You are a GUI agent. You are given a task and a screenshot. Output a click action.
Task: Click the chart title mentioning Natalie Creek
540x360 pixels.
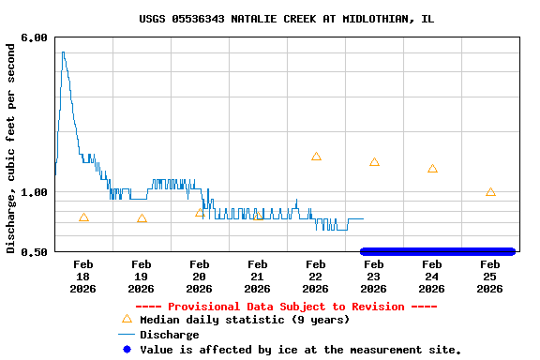(x=286, y=19)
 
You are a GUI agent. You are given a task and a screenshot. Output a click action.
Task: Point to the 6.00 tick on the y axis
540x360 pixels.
(x=35, y=37)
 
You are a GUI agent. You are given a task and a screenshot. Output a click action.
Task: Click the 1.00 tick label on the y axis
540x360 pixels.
(x=35, y=192)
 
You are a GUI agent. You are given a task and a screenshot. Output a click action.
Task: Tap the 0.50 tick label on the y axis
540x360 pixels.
(x=35, y=251)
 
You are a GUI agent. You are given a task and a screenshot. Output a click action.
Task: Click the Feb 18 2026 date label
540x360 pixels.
(x=82, y=277)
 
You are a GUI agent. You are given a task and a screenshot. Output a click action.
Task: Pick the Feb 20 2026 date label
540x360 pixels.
(x=199, y=277)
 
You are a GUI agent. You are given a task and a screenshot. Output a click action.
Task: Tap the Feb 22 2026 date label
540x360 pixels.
(x=315, y=277)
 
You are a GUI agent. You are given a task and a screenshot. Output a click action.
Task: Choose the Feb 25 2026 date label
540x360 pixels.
(x=489, y=277)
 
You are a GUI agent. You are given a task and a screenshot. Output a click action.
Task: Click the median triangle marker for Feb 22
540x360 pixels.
(x=316, y=157)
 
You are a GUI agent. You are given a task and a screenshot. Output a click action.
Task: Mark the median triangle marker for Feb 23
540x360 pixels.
(x=374, y=162)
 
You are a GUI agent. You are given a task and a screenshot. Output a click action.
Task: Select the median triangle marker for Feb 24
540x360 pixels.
(x=432, y=169)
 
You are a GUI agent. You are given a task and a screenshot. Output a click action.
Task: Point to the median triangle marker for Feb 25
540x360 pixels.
(x=490, y=192)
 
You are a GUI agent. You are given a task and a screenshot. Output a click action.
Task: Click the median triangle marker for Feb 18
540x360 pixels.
(x=83, y=217)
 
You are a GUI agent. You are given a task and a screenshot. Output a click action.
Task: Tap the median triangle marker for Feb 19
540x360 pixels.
(x=142, y=218)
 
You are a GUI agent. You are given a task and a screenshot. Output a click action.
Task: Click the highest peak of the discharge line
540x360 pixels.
(x=63, y=52)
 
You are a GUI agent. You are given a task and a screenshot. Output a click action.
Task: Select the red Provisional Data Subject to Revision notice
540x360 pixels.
(x=286, y=307)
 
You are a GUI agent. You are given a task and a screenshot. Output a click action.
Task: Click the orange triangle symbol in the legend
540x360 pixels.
(x=127, y=319)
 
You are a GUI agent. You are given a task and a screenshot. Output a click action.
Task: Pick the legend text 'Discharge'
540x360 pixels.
(x=169, y=335)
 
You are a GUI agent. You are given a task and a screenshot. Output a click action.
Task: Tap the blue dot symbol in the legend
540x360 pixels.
(x=127, y=349)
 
